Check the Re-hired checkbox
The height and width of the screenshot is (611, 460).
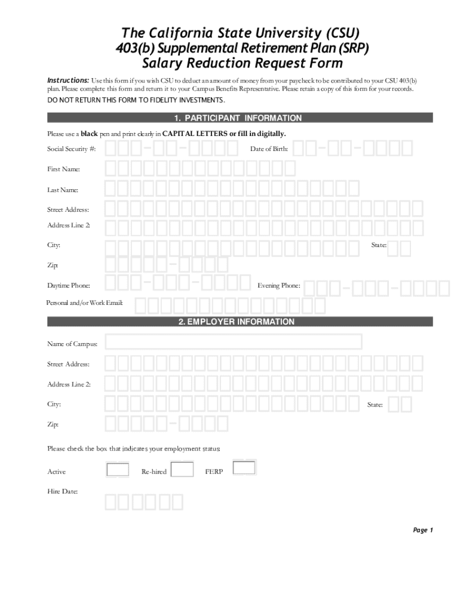(182, 470)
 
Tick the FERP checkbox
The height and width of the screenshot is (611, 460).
(244, 468)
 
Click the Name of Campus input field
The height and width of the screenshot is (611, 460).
(234, 342)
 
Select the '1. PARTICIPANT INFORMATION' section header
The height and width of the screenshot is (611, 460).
(240, 118)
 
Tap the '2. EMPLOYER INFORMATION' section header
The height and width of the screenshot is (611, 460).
(240, 322)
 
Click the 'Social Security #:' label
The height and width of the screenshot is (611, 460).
(71, 148)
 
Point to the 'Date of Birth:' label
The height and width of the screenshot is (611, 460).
(269, 148)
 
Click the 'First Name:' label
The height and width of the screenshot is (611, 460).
(63, 169)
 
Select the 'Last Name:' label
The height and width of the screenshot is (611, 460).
(63, 190)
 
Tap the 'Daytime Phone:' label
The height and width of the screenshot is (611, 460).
(69, 286)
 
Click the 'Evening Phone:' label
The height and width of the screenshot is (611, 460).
(278, 286)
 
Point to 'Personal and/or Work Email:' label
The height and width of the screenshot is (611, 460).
(85, 304)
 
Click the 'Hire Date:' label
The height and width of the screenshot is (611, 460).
(62, 492)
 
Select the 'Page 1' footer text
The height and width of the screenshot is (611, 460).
(422, 530)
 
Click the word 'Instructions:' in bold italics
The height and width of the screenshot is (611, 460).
(69, 80)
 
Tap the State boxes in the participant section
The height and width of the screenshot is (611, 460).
(400, 247)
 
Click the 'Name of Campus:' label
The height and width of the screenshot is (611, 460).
(72, 344)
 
